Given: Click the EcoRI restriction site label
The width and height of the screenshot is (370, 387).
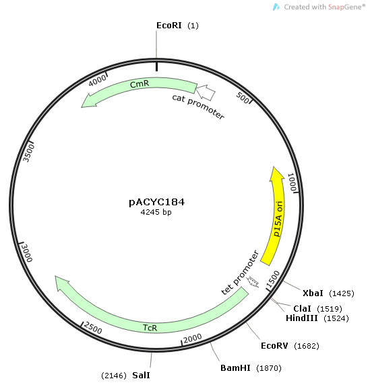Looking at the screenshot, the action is pos(168,26).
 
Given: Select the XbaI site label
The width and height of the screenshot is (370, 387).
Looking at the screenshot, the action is pos(313,293).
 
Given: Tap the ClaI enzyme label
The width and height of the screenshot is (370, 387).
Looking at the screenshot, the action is pos(302,308).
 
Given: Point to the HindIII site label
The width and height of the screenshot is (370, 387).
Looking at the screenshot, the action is pos(301,318).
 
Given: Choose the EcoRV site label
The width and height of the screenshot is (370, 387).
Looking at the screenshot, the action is pos(274,346).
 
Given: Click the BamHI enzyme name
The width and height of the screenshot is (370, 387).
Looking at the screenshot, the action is pos(235,368).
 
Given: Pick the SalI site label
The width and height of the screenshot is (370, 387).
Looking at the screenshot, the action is pos(141,376).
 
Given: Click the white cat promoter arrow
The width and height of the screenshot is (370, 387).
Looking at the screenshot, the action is pos(206,93).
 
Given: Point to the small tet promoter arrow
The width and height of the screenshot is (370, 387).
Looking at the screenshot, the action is pos(253,282).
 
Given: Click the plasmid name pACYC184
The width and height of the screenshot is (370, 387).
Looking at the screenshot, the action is pos(157,202).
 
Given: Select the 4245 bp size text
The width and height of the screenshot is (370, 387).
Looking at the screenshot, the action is pos(156,212).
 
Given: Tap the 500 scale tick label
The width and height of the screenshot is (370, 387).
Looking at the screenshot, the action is pos(243,98).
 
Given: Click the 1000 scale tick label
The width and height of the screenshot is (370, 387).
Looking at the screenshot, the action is pos(292,182).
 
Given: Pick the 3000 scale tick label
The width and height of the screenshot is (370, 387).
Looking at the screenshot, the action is pos(27,253).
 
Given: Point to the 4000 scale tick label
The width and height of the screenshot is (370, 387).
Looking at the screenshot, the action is pos(97,81).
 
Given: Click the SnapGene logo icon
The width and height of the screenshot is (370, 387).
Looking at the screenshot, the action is pos(276,7).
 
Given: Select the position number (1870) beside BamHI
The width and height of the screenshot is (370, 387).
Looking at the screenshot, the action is pos(269,368).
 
